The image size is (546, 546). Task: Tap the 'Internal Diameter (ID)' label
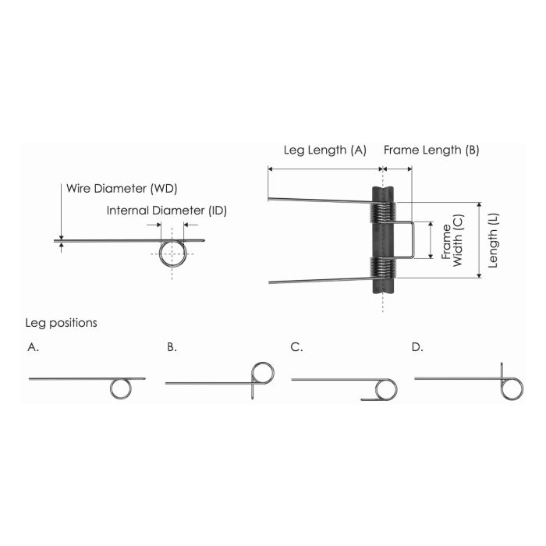(x=167, y=211)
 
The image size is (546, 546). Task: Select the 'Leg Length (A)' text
(x=324, y=150)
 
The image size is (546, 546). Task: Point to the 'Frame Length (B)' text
(x=431, y=150)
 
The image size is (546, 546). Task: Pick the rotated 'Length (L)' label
(x=493, y=239)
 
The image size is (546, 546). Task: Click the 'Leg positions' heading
(x=61, y=322)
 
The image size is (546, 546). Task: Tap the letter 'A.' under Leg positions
(x=33, y=348)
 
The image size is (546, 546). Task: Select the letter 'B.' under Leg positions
(x=172, y=348)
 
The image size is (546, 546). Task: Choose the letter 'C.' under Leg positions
(x=296, y=348)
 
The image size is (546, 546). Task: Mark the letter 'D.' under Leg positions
(x=417, y=348)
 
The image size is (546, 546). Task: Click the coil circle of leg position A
(x=121, y=388)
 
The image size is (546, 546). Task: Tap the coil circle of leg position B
(x=263, y=374)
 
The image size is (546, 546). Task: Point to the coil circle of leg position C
(x=385, y=389)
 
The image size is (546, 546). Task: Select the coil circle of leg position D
(x=512, y=388)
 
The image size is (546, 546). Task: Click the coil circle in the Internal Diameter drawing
(x=173, y=252)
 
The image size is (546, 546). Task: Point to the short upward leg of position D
(x=501, y=370)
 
